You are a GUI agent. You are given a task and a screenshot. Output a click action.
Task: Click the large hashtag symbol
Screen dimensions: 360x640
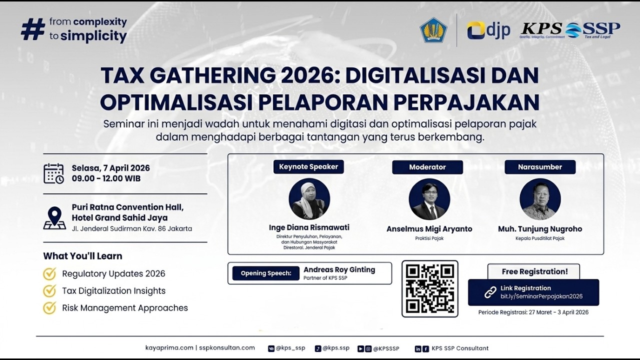(x=33, y=29)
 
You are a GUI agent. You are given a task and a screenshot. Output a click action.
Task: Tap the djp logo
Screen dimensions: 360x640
(x=488, y=30)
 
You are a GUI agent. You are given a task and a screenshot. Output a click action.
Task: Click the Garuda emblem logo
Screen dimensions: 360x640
(x=433, y=30)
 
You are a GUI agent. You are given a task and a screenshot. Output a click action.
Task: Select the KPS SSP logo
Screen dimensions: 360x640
(x=570, y=30)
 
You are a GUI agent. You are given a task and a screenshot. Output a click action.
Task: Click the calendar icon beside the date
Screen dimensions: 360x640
(x=53, y=173)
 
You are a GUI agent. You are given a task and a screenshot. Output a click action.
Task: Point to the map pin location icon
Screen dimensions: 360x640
(x=54, y=217)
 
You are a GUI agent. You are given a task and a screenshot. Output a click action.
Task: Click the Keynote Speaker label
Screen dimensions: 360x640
(x=308, y=167)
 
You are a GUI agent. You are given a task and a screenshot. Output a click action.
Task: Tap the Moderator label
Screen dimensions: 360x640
(x=427, y=167)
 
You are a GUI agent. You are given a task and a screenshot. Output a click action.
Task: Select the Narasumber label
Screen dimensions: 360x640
(x=540, y=167)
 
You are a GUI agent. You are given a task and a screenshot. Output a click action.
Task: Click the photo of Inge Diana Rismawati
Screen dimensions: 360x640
(x=309, y=199)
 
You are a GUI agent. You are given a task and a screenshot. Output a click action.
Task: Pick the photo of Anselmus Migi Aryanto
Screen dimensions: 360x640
(x=429, y=199)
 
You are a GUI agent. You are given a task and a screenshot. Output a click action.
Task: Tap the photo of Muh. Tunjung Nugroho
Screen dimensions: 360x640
(x=540, y=199)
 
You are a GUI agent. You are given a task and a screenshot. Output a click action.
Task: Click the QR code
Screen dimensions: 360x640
(x=430, y=288)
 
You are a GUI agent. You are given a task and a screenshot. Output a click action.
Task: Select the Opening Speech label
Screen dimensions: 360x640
(x=265, y=273)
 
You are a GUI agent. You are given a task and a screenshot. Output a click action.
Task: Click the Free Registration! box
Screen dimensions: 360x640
(x=534, y=271)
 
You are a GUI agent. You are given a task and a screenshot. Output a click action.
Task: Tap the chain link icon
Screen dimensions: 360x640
(x=490, y=292)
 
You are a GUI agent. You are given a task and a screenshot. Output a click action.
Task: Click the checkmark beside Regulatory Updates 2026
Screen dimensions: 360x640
(x=49, y=273)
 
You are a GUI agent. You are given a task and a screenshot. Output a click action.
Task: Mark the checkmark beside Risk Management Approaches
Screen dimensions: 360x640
(x=49, y=307)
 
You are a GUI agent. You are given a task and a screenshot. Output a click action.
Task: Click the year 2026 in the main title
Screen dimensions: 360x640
(x=302, y=75)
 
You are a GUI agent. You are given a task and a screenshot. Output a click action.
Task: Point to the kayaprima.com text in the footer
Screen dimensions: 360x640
(x=169, y=348)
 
